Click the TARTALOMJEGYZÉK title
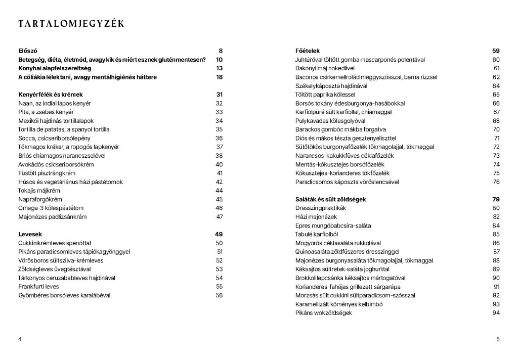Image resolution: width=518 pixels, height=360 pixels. (71, 24)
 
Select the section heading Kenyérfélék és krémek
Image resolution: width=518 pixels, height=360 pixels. (50, 95)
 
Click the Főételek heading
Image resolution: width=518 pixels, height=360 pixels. (308, 51)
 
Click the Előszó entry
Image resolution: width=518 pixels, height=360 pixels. (28, 51)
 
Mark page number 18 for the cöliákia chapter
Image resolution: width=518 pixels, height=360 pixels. (220, 77)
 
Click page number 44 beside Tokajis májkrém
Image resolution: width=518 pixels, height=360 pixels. (219, 191)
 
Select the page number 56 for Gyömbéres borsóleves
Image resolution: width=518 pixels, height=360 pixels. (219, 295)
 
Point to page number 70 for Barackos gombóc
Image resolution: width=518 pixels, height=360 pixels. (496, 129)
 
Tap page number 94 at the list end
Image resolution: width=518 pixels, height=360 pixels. (496, 313)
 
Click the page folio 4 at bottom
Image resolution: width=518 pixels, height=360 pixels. (19, 339)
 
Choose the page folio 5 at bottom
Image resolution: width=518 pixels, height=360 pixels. (498, 339)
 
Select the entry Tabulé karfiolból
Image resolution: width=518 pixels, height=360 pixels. (317, 234)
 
